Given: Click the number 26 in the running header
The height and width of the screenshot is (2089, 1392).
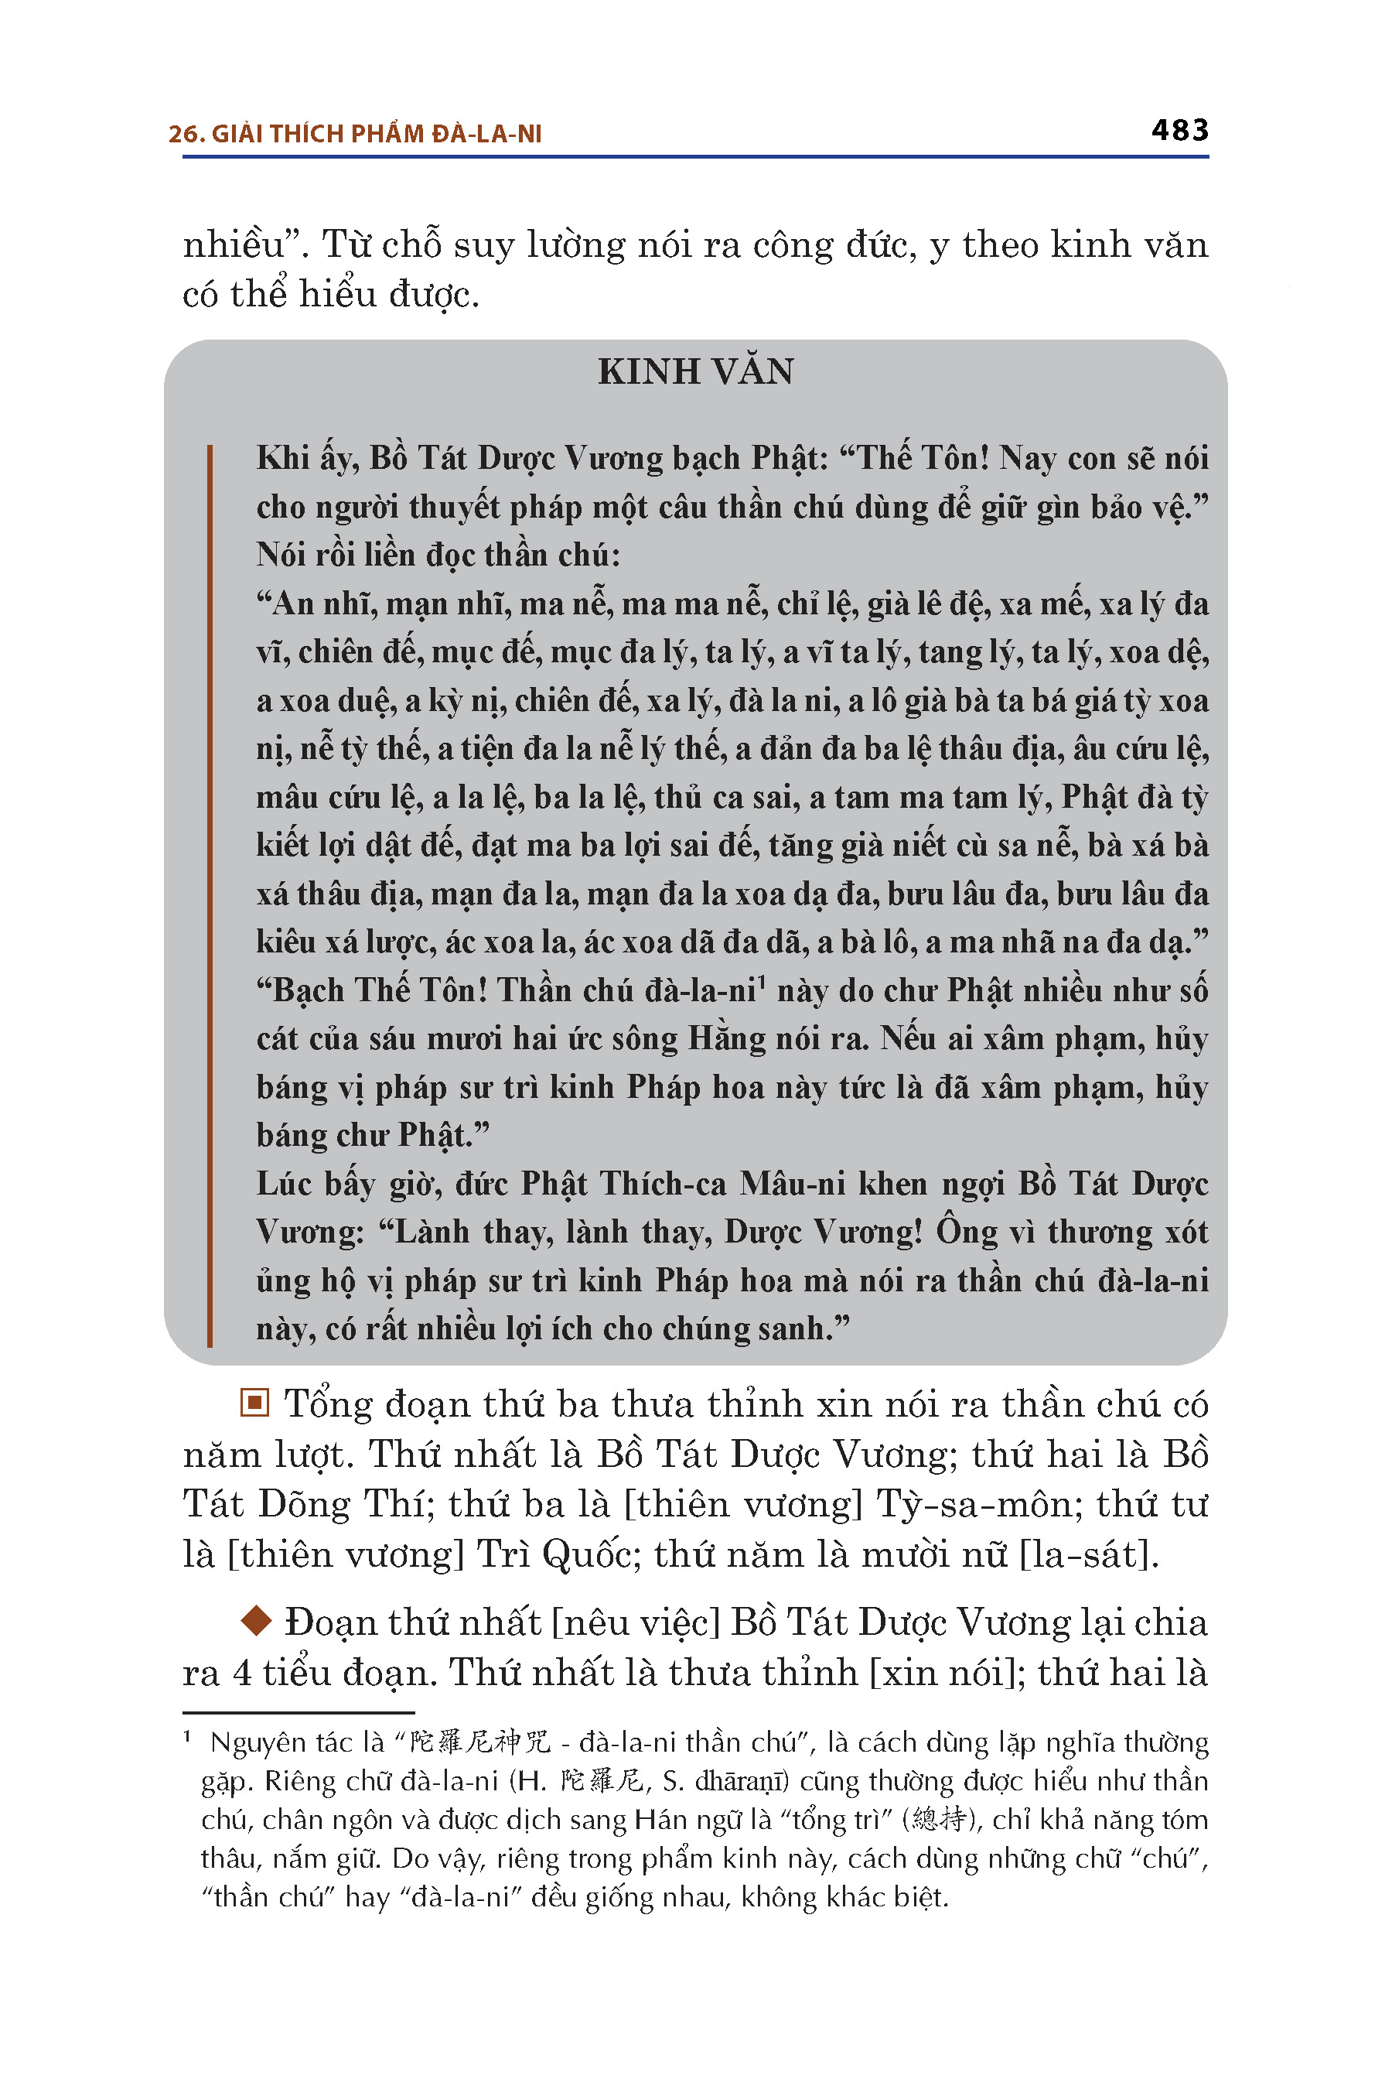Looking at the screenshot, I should [x=182, y=134].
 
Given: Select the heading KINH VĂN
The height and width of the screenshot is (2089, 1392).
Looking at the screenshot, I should [x=695, y=371].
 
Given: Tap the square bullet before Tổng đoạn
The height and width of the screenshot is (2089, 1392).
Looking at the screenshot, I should [x=254, y=1403].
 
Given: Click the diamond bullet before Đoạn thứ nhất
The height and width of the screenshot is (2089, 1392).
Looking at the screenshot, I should [x=256, y=1621].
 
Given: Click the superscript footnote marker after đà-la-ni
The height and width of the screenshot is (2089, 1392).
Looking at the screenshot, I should [x=762, y=980].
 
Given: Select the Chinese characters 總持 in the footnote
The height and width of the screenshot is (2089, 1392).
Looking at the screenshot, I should [x=940, y=1820].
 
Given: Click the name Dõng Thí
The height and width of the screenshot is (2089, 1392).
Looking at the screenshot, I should [x=342, y=1505].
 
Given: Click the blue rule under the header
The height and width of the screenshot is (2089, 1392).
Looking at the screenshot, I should [x=695, y=157].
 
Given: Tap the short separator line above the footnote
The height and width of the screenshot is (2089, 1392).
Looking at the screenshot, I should [x=299, y=1711].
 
